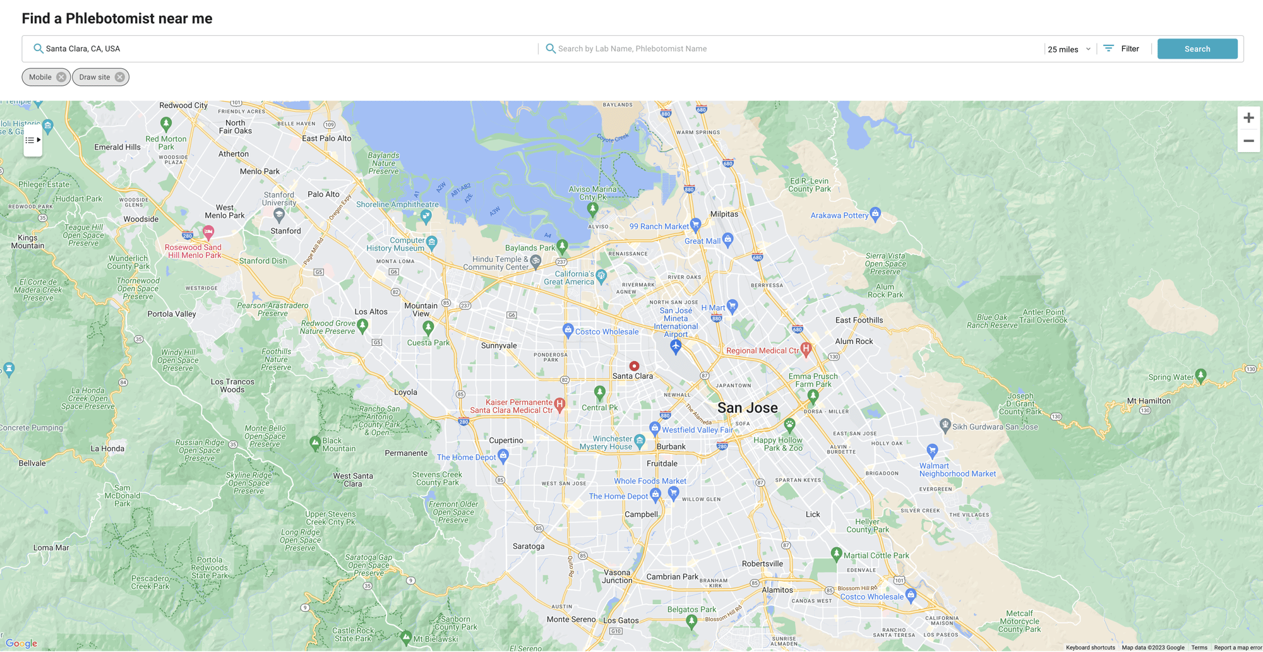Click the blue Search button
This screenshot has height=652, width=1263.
coord(1197,49)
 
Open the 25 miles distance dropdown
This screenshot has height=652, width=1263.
coord(1069,49)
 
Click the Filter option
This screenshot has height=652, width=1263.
coord(1122,49)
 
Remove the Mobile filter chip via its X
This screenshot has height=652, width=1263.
coord(61,77)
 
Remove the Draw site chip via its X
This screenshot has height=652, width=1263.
coord(119,77)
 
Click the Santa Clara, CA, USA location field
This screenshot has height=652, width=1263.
coord(284,49)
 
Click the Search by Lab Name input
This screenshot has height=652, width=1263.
coord(789,49)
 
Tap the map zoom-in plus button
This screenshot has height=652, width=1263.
coord(1248,118)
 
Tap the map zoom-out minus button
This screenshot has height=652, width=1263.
coord(1248,141)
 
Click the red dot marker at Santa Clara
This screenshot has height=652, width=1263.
coord(634,366)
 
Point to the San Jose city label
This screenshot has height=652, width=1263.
coord(747,408)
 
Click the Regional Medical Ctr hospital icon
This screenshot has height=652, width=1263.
coord(806,348)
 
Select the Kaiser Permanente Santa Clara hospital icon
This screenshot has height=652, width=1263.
coord(559,404)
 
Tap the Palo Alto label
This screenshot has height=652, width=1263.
coord(323,194)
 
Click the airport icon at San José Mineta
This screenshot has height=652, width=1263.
coord(676,346)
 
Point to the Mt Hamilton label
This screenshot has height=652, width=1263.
coord(1149,401)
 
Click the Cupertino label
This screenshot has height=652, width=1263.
coord(506,441)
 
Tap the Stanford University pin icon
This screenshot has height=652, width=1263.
coord(278,215)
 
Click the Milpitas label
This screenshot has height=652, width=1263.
coord(724,214)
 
